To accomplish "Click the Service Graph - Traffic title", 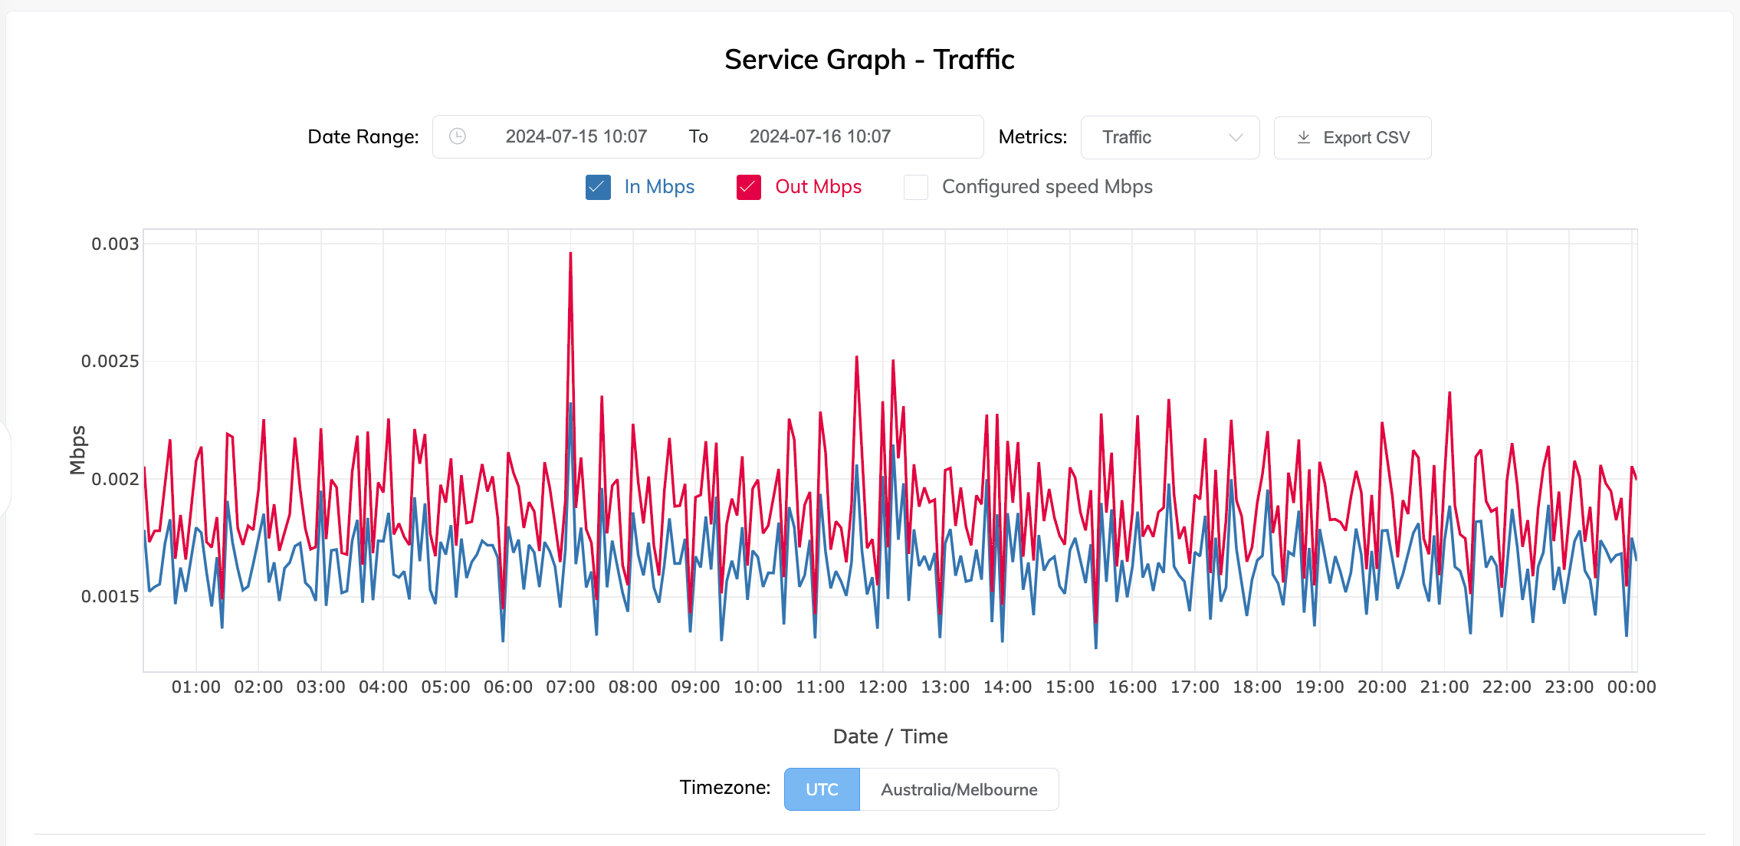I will [x=869, y=60].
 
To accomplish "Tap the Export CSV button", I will [x=1352, y=138].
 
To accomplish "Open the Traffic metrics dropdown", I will [x=1170, y=138].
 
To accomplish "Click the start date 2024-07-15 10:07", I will [x=576, y=137].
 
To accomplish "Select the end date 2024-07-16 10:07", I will [x=819, y=137].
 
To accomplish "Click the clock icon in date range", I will [x=458, y=136].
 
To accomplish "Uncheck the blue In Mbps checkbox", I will [x=598, y=188].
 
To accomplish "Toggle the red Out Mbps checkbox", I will [x=748, y=188].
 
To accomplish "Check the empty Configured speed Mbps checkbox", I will [x=916, y=188].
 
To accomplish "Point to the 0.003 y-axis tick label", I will [x=115, y=244].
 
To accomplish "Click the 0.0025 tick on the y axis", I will [x=110, y=362].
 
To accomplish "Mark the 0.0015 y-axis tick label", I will [x=110, y=597].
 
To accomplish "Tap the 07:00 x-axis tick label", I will [x=570, y=687].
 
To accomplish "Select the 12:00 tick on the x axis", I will [x=882, y=687].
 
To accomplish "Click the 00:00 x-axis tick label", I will [x=1631, y=687].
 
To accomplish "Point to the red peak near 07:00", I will [x=570, y=254].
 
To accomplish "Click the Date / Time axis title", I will [x=890, y=736].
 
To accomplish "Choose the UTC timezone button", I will [x=822, y=789].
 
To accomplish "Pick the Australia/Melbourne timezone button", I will [x=959, y=789].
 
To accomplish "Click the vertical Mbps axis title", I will [x=77, y=450].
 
